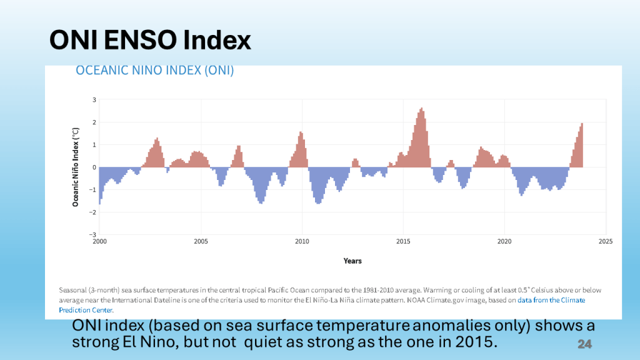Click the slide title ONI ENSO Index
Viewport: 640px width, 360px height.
150,41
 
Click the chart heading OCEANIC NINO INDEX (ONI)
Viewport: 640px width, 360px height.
154,71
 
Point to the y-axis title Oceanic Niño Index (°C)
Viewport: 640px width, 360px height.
76,167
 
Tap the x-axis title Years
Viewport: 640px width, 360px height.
352,261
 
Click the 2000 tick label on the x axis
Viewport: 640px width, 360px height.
99,241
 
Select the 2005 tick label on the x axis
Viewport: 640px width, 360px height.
201,241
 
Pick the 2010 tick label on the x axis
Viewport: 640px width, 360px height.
302,241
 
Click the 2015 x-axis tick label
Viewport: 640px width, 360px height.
403,241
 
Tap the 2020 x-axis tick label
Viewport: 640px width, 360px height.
504,241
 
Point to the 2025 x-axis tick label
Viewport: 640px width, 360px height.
605,241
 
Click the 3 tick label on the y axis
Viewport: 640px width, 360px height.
94,99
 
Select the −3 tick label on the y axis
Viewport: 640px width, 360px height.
93,234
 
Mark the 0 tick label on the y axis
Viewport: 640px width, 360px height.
94,167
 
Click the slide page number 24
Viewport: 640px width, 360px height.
584,344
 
